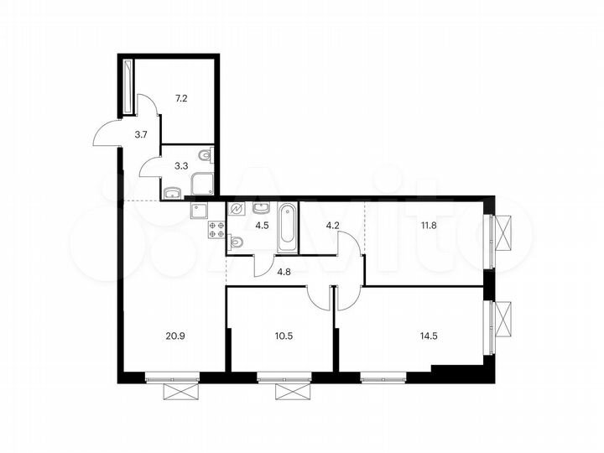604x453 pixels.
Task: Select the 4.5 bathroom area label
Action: (261, 224)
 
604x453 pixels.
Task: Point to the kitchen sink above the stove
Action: (200, 210)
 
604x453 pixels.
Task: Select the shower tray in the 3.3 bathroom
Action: (202, 184)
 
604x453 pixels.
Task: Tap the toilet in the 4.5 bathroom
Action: (236, 242)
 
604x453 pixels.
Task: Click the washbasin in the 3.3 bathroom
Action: (172, 194)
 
